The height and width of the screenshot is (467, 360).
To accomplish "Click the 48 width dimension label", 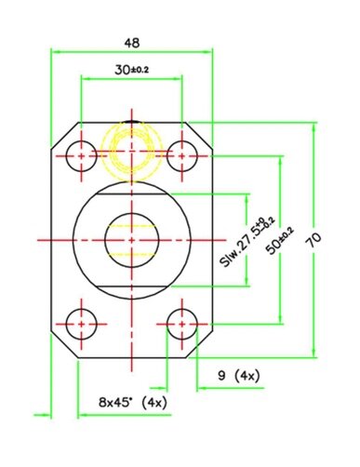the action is coord(132,43).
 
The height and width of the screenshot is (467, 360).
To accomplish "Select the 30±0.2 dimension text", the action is coord(131,70).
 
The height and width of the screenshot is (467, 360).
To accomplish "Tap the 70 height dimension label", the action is coord(314,240).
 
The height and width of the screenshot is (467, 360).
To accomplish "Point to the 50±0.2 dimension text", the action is coord(280,241).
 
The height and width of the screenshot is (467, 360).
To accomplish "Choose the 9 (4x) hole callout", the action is coord(239,376).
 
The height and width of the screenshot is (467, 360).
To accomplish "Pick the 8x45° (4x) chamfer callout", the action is coord(133,403).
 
